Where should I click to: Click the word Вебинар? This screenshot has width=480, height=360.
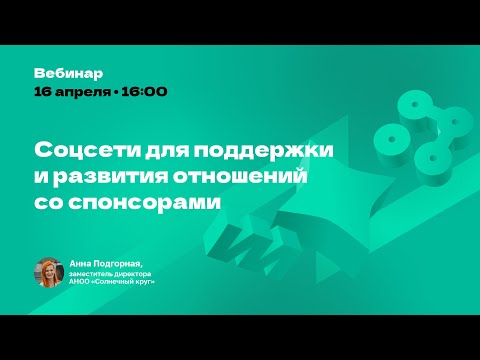coord(67,73)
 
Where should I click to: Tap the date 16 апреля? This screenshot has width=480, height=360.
coord(73,92)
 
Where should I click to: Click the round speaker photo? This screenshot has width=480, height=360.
coord(50,273)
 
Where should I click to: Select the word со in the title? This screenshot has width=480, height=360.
coord(51,200)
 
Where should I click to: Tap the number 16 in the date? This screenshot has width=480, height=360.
coord(43,92)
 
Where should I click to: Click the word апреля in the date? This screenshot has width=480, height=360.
coord(84,92)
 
